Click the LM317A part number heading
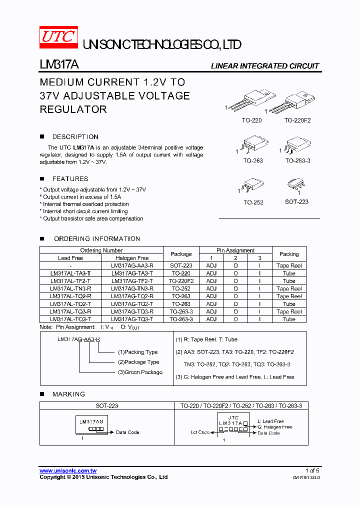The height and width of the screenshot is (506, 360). [58, 65]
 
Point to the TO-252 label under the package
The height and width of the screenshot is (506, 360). [253, 202]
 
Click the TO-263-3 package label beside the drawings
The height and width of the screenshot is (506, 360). [297, 161]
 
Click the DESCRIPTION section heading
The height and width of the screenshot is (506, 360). [75, 137]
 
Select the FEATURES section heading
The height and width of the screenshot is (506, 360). [70, 179]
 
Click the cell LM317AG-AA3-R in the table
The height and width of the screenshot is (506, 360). [132, 266]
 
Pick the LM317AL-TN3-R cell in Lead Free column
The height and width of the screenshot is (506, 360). [70, 288]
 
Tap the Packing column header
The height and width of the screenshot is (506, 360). [289, 254]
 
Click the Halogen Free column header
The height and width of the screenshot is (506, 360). [132, 258]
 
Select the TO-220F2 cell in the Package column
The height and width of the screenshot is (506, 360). [181, 281]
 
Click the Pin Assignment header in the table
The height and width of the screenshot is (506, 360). [235, 250]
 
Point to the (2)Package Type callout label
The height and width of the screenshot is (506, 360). [138, 362]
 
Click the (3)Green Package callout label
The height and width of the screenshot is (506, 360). [140, 372]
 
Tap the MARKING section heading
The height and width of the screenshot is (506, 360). [68, 394]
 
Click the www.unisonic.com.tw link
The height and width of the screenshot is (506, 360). [68, 471]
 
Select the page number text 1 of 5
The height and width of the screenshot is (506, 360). [312, 471]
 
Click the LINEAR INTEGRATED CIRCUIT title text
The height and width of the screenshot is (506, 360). [264, 66]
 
